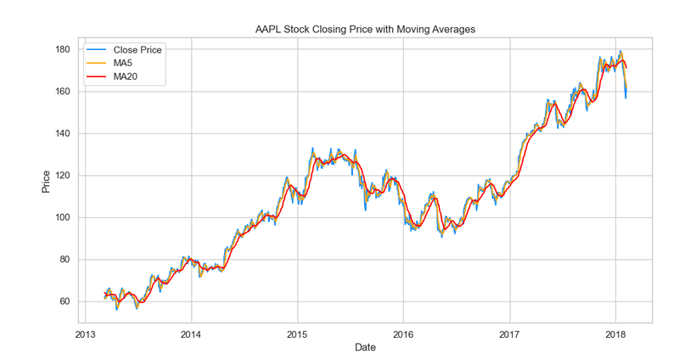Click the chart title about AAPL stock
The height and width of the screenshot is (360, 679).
point(365,30)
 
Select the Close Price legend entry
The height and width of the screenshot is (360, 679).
point(124,50)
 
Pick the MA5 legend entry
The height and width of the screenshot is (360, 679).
point(109,63)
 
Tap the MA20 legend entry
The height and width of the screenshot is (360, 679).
point(112,76)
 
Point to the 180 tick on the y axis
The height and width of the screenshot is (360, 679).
point(62,49)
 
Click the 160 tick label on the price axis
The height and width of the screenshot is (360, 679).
point(62,92)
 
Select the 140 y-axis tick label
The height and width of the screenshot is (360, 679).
point(62,133)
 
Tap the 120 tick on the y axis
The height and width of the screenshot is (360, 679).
point(62,176)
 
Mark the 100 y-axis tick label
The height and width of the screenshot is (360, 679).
point(62,217)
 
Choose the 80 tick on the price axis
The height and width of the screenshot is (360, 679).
point(65,260)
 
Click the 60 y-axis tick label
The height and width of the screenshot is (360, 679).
point(65,301)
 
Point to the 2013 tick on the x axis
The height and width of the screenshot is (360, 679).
point(85,335)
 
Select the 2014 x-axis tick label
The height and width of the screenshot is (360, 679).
point(191,335)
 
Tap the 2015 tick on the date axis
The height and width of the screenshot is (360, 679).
point(297,335)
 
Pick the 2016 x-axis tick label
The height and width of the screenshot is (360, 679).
point(403,335)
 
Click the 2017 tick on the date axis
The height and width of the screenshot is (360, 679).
point(510,335)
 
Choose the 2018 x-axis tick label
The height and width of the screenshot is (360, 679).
point(616,335)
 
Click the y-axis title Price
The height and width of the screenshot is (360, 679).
point(46,182)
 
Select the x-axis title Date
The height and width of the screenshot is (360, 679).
point(365,347)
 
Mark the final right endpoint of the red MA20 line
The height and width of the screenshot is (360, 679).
point(626,68)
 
